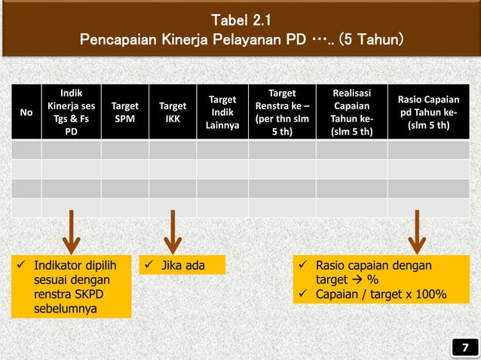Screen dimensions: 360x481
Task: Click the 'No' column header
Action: pyautogui.click(x=26, y=112)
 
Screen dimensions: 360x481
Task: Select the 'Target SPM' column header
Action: pyautogui.click(x=124, y=112)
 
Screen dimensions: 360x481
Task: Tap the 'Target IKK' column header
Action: pyautogui.click(x=172, y=112)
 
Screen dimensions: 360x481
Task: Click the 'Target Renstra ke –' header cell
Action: pyautogui.click(x=281, y=112)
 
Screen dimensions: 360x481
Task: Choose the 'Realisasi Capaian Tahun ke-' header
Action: pyautogui.click(x=351, y=112)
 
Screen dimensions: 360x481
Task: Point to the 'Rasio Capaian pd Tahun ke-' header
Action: pyautogui.click(x=427, y=112)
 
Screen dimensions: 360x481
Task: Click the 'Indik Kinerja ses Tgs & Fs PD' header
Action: pyautogui.click(x=71, y=112)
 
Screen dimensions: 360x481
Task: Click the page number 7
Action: pyautogui.click(x=465, y=347)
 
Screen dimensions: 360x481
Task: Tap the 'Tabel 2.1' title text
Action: pyautogui.click(x=240, y=18)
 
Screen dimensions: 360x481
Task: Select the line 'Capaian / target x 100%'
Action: pyautogui.click(x=380, y=294)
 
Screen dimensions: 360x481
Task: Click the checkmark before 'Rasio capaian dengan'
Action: pyautogui.click(x=302, y=265)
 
